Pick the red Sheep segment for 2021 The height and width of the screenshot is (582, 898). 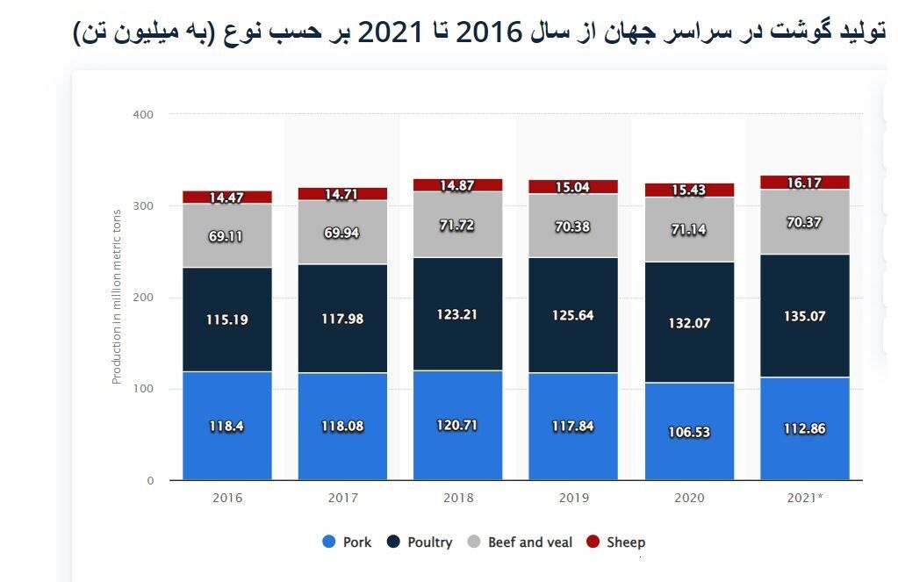804,182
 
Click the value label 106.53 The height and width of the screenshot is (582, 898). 689,432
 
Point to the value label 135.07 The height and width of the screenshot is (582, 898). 804,316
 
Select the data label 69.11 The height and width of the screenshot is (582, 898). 226,237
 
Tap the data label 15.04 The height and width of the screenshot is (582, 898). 572,187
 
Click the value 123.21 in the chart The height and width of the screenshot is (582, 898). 457,314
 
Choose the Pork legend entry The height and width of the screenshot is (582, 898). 347,542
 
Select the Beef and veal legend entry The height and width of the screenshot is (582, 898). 520,542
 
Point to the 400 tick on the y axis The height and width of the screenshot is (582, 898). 143,114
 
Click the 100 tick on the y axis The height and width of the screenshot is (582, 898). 143,389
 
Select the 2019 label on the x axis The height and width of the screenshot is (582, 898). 573,498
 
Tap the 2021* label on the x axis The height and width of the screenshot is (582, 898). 804,498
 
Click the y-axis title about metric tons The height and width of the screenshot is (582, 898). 116,297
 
